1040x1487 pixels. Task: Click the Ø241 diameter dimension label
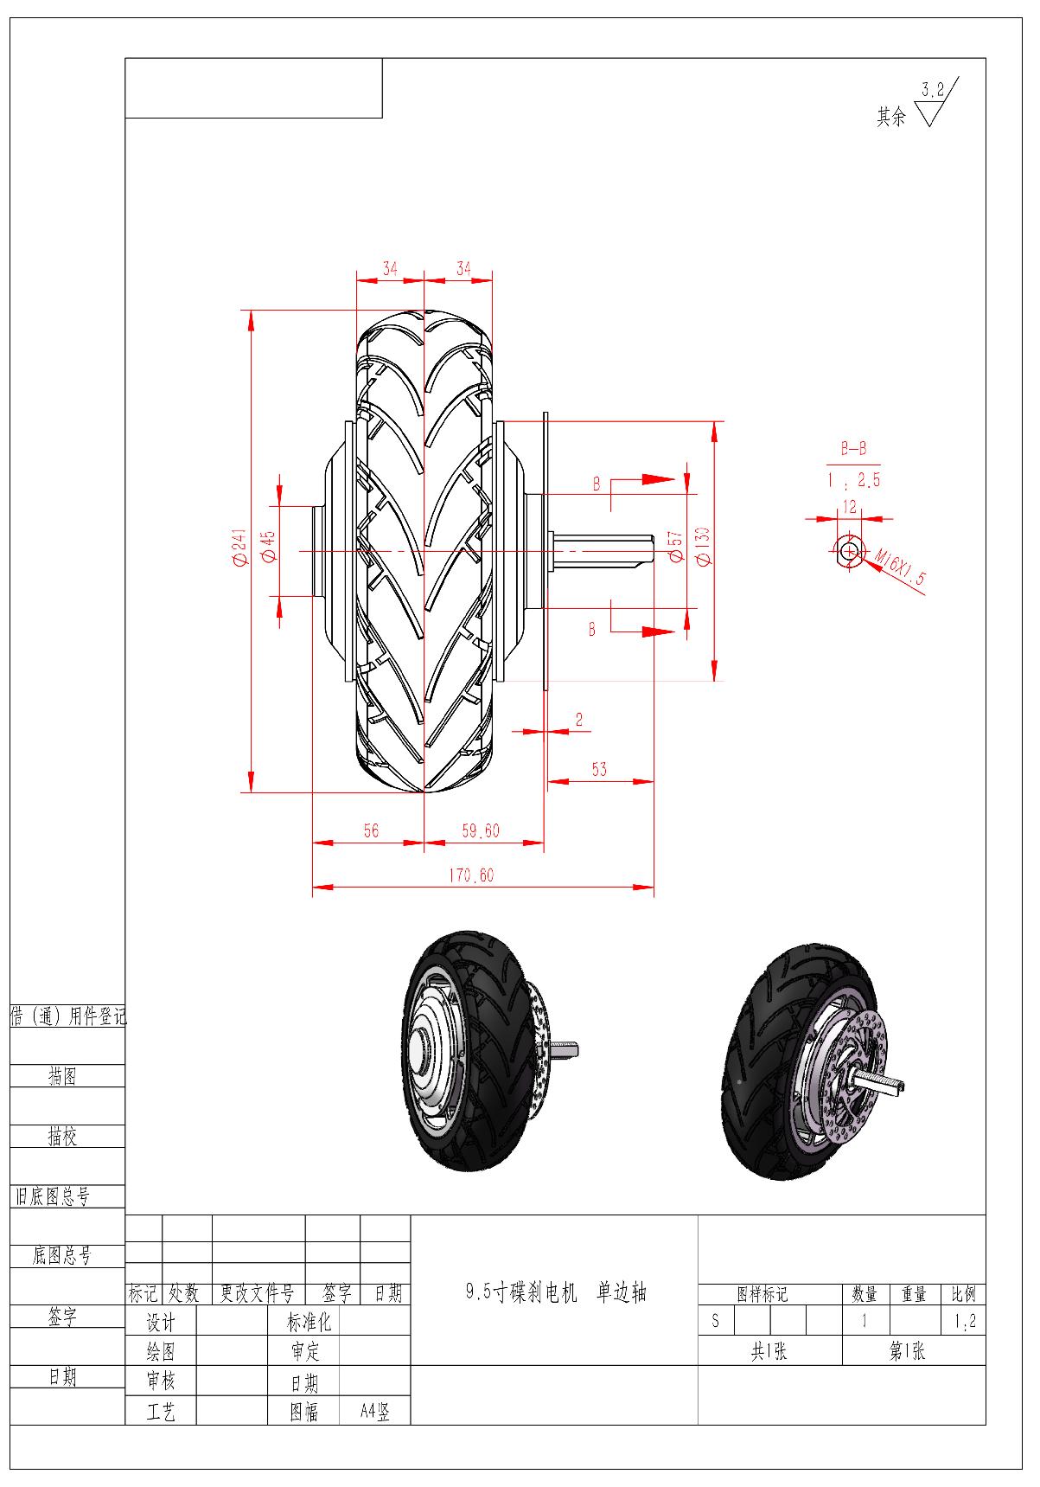[x=239, y=548]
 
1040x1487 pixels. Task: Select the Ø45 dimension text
[x=269, y=548]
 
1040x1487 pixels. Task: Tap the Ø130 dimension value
[x=703, y=546]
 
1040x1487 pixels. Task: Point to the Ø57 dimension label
[x=675, y=547]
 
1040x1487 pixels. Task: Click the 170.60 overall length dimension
[x=470, y=875]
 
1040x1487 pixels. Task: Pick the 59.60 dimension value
[x=481, y=830]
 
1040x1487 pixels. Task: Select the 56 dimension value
[x=371, y=830]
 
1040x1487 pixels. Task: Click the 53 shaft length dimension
[x=599, y=768]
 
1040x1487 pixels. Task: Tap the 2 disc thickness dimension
[x=579, y=720]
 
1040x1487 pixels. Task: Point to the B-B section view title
[x=853, y=450]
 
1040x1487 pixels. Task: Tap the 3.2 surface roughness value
[x=933, y=89]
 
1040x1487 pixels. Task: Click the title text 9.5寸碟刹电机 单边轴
[x=556, y=1292]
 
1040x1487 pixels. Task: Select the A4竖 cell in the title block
[x=375, y=1412]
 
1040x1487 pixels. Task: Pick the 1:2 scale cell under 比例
[x=963, y=1322]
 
